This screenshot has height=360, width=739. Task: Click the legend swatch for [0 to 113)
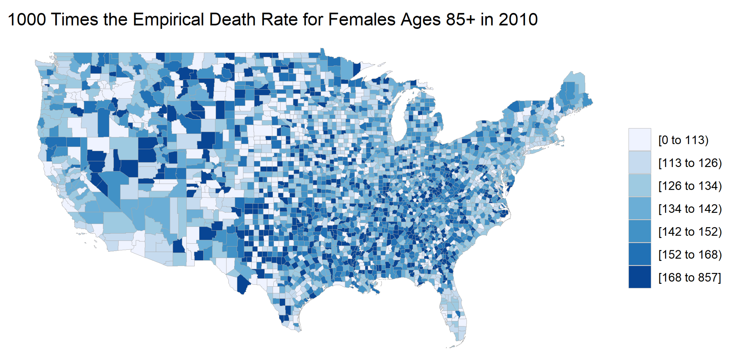pos(639,139)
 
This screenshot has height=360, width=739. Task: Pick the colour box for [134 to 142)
pos(639,208)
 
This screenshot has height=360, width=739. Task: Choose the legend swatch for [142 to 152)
pos(639,231)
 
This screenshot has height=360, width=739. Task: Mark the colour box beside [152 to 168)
pos(639,254)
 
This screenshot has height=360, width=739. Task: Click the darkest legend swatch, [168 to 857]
pos(639,277)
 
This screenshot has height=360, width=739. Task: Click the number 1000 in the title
pos(27,20)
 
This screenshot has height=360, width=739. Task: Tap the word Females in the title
pos(362,20)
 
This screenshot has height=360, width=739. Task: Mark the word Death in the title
pos(232,20)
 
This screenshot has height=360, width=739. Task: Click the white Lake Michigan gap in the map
pos(400,121)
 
